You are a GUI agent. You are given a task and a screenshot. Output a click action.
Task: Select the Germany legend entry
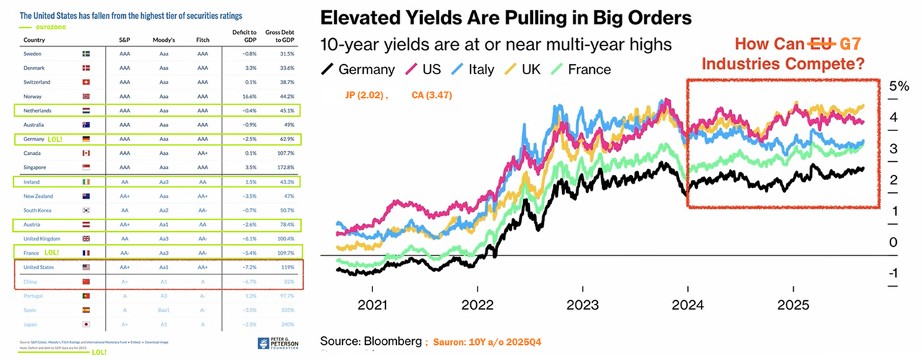[x=359, y=69]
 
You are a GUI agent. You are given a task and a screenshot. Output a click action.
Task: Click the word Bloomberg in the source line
[x=392, y=339]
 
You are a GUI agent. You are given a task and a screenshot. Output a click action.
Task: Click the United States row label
[x=40, y=267]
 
